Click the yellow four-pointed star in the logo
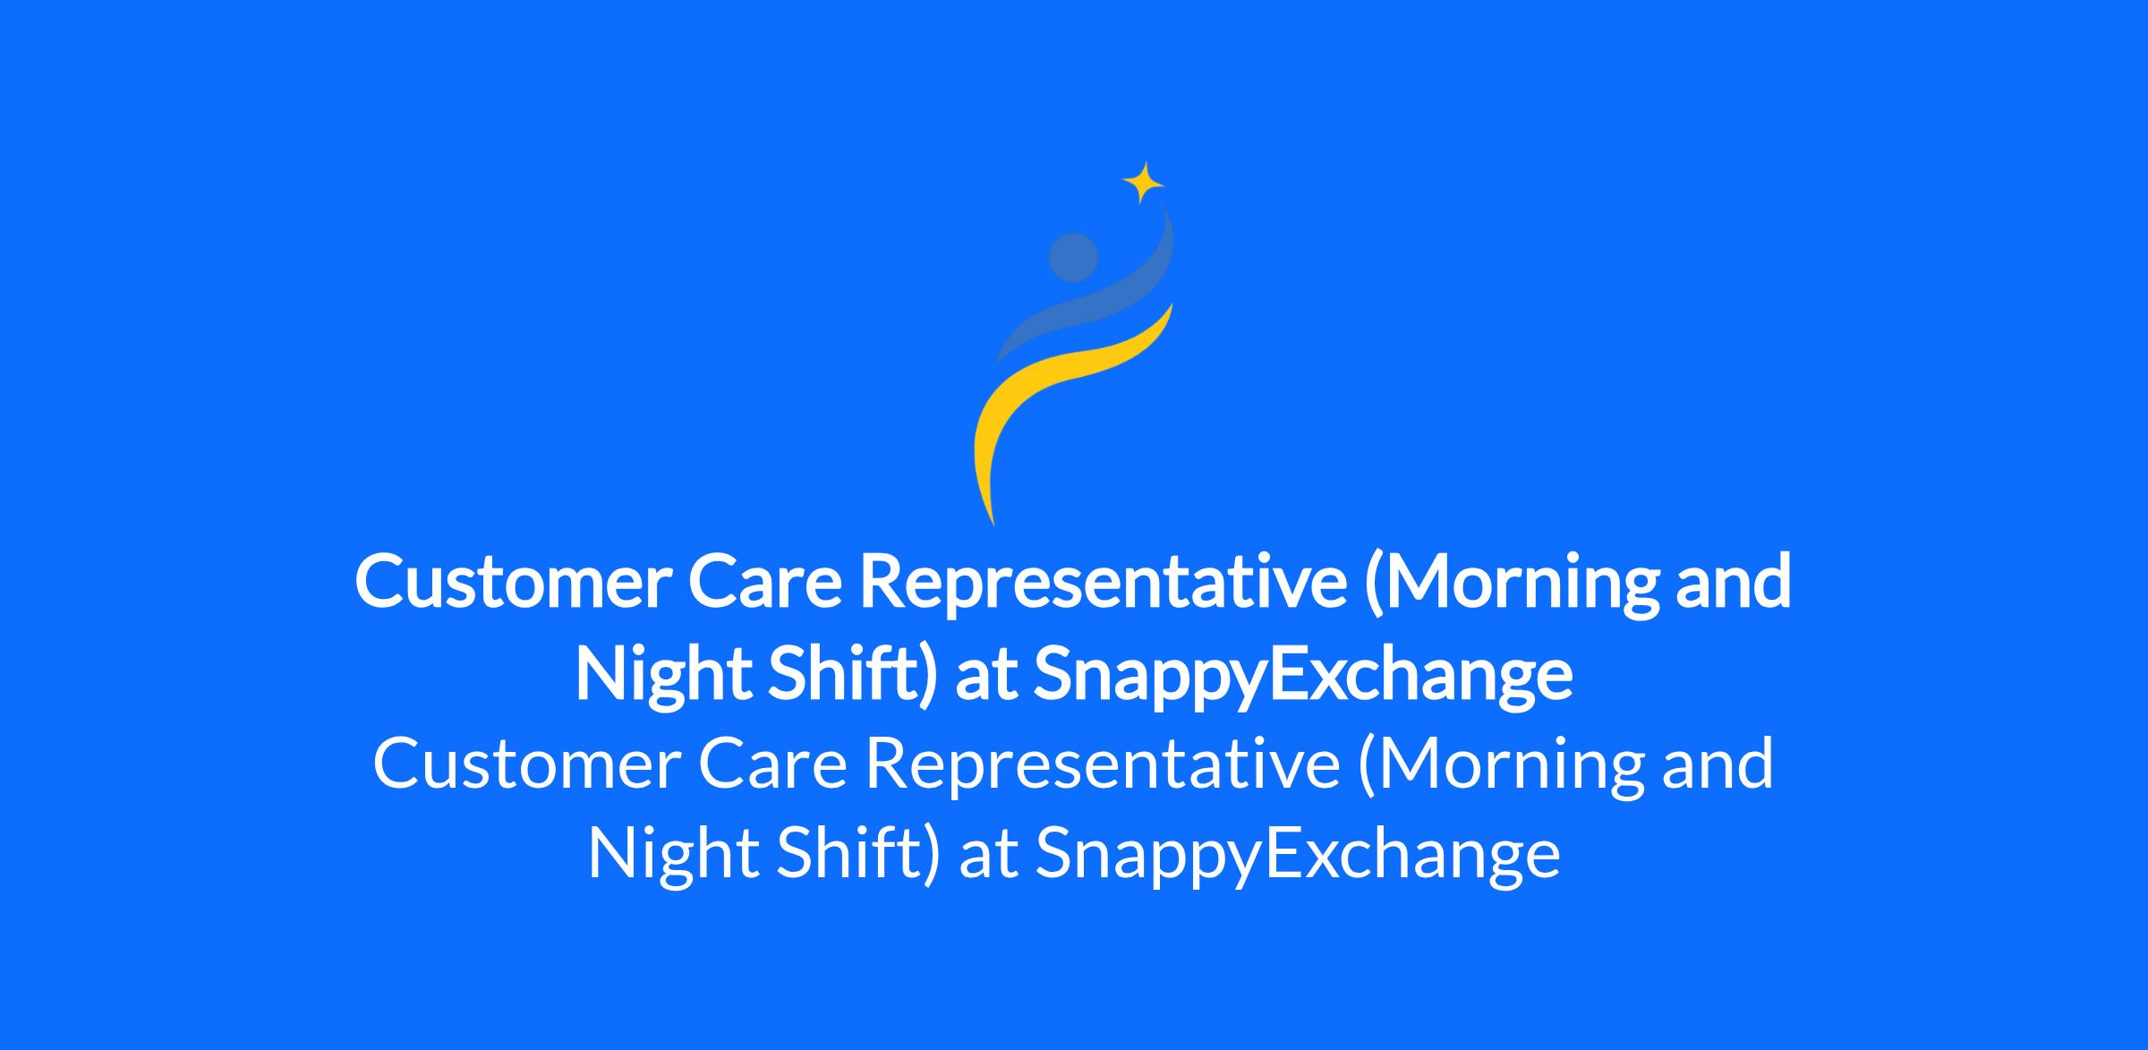pos(1143,184)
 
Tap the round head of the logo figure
pos(1073,258)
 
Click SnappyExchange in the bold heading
pos(1302,676)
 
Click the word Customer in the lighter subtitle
pos(526,764)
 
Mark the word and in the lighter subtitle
pos(1718,764)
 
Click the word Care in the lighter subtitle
pos(772,764)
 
